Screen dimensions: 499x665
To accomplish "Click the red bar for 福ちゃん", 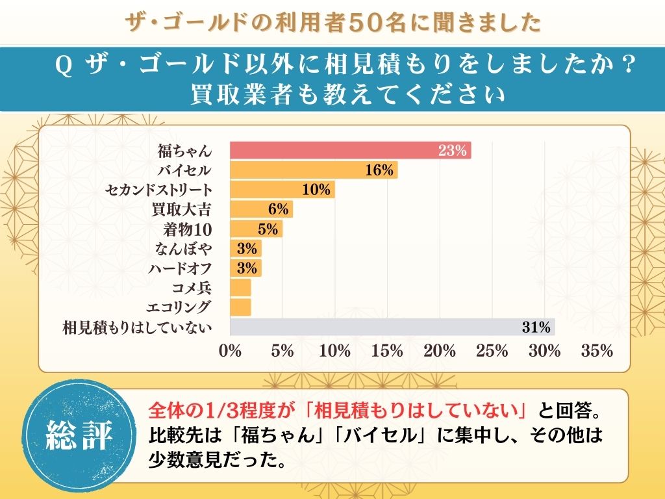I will (x=351, y=151).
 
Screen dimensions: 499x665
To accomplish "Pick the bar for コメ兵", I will (x=241, y=287).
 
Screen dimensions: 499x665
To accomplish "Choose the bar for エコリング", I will (x=241, y=307).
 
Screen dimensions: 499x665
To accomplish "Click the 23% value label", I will (x=453, y=151).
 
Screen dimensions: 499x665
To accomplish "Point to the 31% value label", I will (x=536, y=327).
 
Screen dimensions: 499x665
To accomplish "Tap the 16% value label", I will (x=380, y=170).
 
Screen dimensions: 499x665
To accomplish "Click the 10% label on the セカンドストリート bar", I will (x=317, y=190).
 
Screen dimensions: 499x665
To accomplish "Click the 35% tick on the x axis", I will (x=597, y=351).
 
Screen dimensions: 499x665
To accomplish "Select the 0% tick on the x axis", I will (x=231, y=351).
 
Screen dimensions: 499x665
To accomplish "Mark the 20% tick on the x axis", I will (x=440, y=351).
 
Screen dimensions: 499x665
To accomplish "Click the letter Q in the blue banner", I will (x=64, y=66).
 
